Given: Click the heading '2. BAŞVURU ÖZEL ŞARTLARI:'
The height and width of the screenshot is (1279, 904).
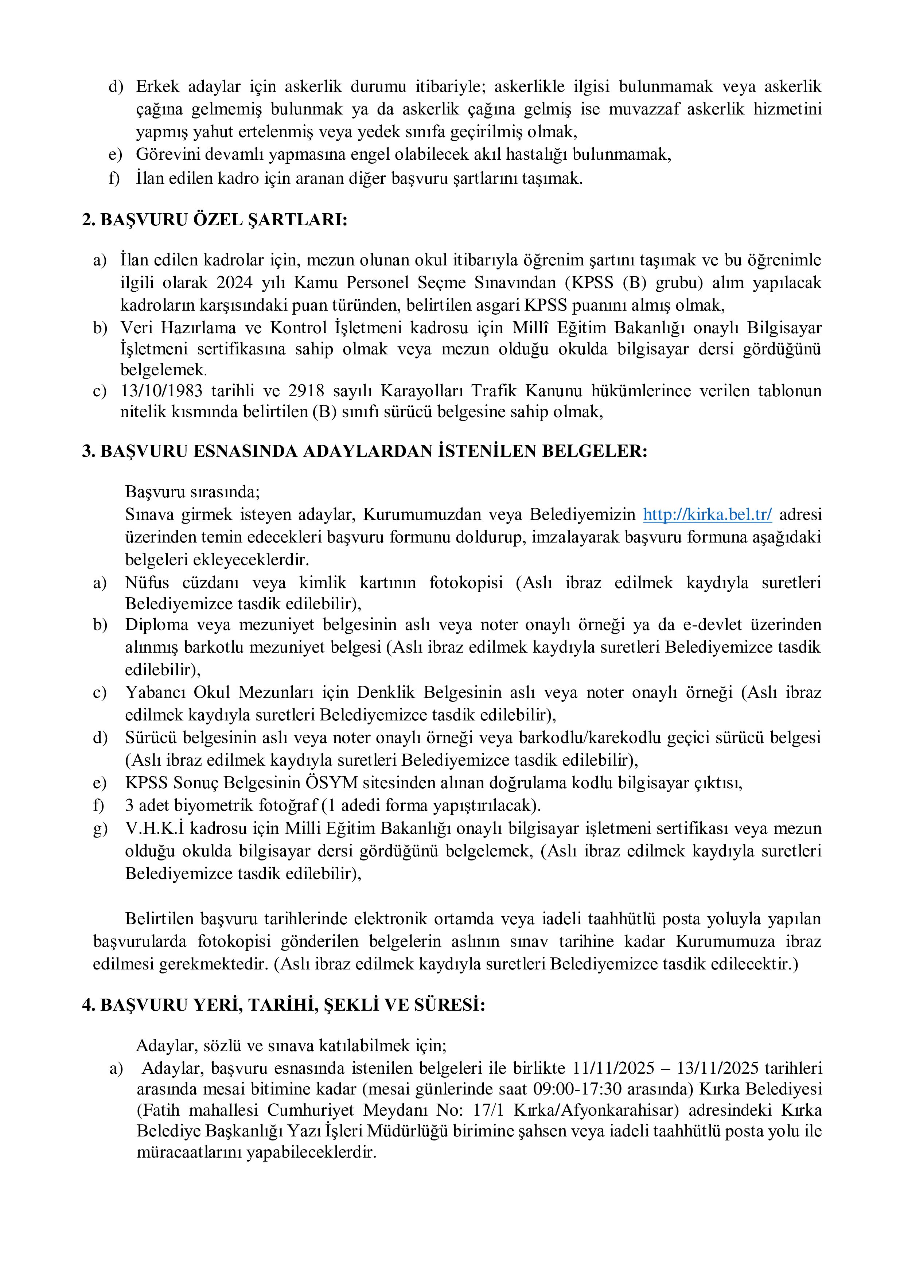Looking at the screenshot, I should [215, 220].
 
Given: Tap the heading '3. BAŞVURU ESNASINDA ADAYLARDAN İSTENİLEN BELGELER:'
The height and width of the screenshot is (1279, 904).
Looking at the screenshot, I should [365, 451].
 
